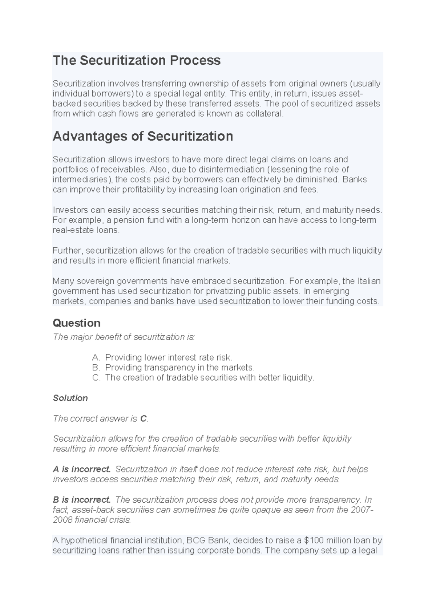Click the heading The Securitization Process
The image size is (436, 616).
137,60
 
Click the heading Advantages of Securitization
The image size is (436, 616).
143,136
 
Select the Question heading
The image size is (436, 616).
76,323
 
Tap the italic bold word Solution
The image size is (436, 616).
70,398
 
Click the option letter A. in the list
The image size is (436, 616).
96,357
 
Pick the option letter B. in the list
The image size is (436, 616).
96,368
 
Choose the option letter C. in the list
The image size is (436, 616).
96,378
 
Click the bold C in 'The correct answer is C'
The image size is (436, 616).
143,419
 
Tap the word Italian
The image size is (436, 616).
369,281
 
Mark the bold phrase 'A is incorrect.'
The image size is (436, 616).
82,469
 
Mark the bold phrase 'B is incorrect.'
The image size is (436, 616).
82,500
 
